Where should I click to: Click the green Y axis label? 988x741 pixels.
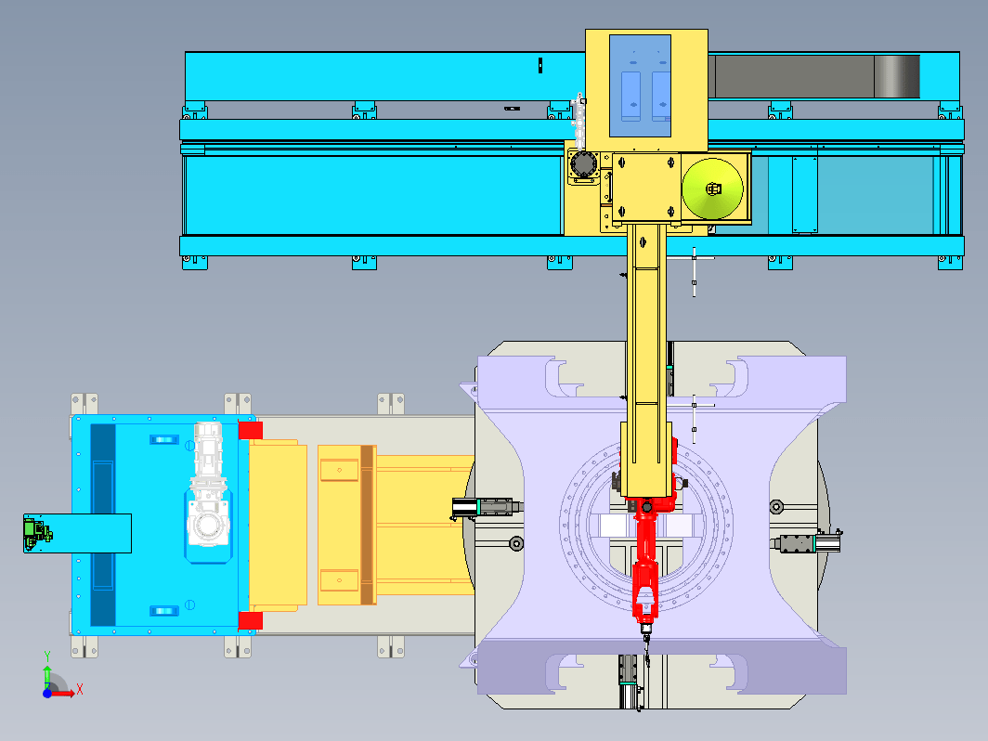[46, 656]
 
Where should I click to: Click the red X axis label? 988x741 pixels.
[80, 689]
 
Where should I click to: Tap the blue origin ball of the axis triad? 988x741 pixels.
[47, 693]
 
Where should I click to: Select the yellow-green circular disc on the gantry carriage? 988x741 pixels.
[712, 188]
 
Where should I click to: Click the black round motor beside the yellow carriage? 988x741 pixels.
[583, 165]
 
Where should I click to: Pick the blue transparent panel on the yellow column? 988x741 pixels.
[640, 85]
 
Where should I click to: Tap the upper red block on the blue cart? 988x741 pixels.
[250, 430]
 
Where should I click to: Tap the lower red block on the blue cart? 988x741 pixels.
[250, 620]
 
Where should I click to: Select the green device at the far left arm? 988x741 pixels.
[36, 532]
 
